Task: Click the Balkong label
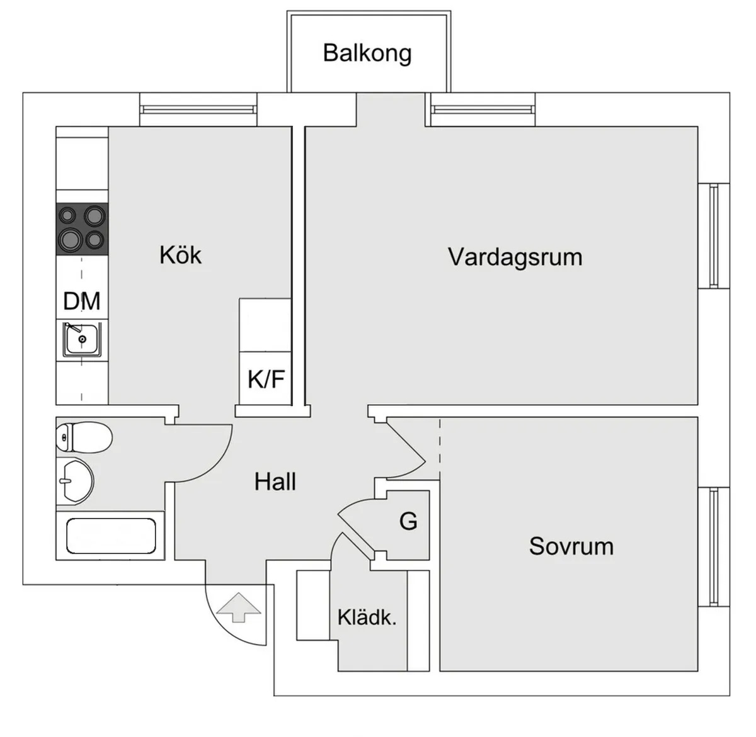click(x=367, y=53)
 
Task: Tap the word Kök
click(x=180, y=256)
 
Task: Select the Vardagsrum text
click(x=515, y=257)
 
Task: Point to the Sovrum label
click(x=571, y=546)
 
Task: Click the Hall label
click(x=275, y=482)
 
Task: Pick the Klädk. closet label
click(x=367, y=617)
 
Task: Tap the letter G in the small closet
click(x=408, y=522)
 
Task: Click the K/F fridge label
click(x=266, y=380)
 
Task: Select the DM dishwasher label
click(x=82, y=301)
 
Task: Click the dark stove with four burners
click(x=82, y=228)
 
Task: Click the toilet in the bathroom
click(x=83, y=436)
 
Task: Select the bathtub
click(x=111, y=536)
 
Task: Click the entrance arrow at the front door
click(x=238, y=607)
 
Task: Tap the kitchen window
click(x=198, y=110)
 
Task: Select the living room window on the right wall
click(x=714, y=236)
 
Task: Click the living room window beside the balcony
click(x=483, y=110)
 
